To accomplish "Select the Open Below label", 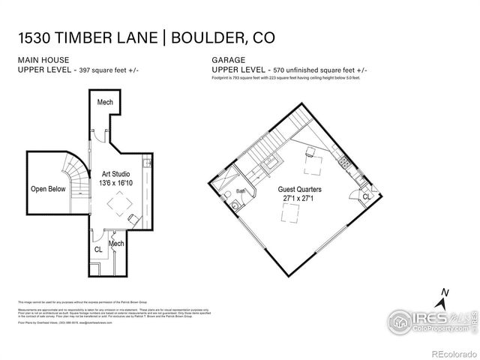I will pos(49,189).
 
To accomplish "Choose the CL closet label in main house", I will pos(98,249).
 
